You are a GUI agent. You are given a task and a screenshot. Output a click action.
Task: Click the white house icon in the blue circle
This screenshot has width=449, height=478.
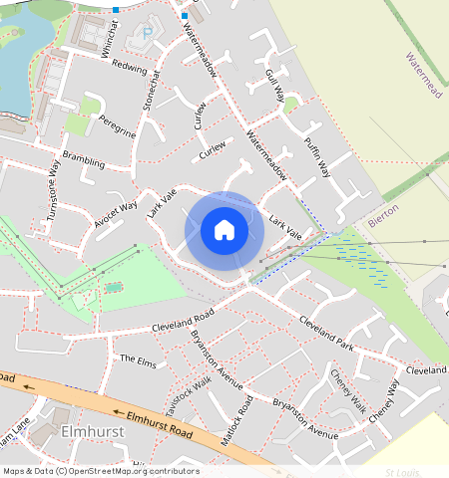(224, 230)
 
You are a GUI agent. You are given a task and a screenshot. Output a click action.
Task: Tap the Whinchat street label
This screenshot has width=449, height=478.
(111, 39)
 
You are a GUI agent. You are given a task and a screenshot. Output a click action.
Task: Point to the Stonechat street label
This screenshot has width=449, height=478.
(152, 92)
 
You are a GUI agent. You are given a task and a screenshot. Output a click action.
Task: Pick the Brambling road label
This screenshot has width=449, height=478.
(83, 159)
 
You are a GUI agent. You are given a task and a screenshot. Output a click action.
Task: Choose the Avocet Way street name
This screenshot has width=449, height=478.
(115, 213)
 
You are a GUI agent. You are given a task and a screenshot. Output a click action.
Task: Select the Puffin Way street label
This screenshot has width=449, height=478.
(317, 155)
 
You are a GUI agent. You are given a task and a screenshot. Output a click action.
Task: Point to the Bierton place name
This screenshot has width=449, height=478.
(383, 217)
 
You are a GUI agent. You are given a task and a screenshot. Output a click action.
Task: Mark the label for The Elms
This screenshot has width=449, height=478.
(138, 359)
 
